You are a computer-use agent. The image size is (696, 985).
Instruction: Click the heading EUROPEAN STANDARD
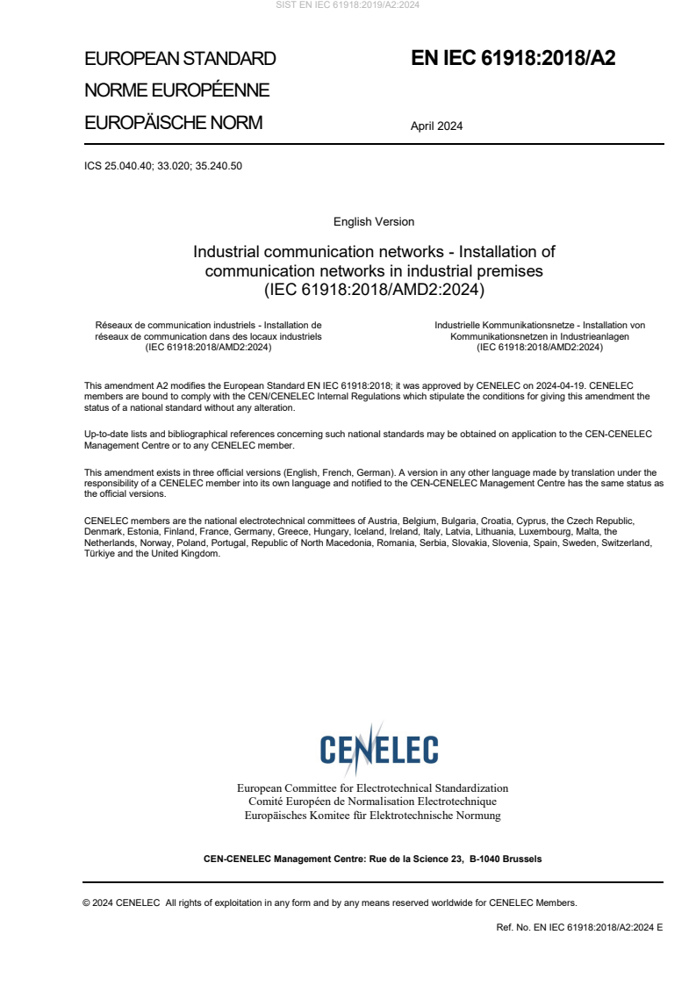[x=180, y=59]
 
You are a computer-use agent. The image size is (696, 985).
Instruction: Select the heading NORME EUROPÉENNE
[x=176, y=90]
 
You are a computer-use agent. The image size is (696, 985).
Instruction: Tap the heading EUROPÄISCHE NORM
[x=173, y=123]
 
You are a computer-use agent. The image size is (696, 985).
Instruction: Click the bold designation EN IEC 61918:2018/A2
[x=513, y=59]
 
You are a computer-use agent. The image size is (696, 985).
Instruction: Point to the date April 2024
[x=436, y=126]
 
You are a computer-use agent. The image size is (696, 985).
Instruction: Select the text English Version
[x=374, y=221]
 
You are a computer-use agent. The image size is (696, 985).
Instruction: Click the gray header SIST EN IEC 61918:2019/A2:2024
[x=348, y=5]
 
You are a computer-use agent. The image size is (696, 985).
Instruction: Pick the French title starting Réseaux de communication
[x=208, y=335]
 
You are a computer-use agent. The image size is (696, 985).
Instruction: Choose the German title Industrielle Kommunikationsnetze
[x=540, y=335]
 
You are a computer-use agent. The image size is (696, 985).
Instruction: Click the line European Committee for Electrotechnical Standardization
[x=372, y=787]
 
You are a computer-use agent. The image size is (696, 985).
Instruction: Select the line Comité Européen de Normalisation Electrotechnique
[x=372, y=802]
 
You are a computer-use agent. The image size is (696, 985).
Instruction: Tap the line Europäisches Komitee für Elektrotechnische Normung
[x=372, y=816]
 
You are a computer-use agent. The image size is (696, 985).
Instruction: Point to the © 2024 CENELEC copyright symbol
[x=87, y=902]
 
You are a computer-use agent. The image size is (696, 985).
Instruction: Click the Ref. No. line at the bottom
[x=579, y=927]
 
